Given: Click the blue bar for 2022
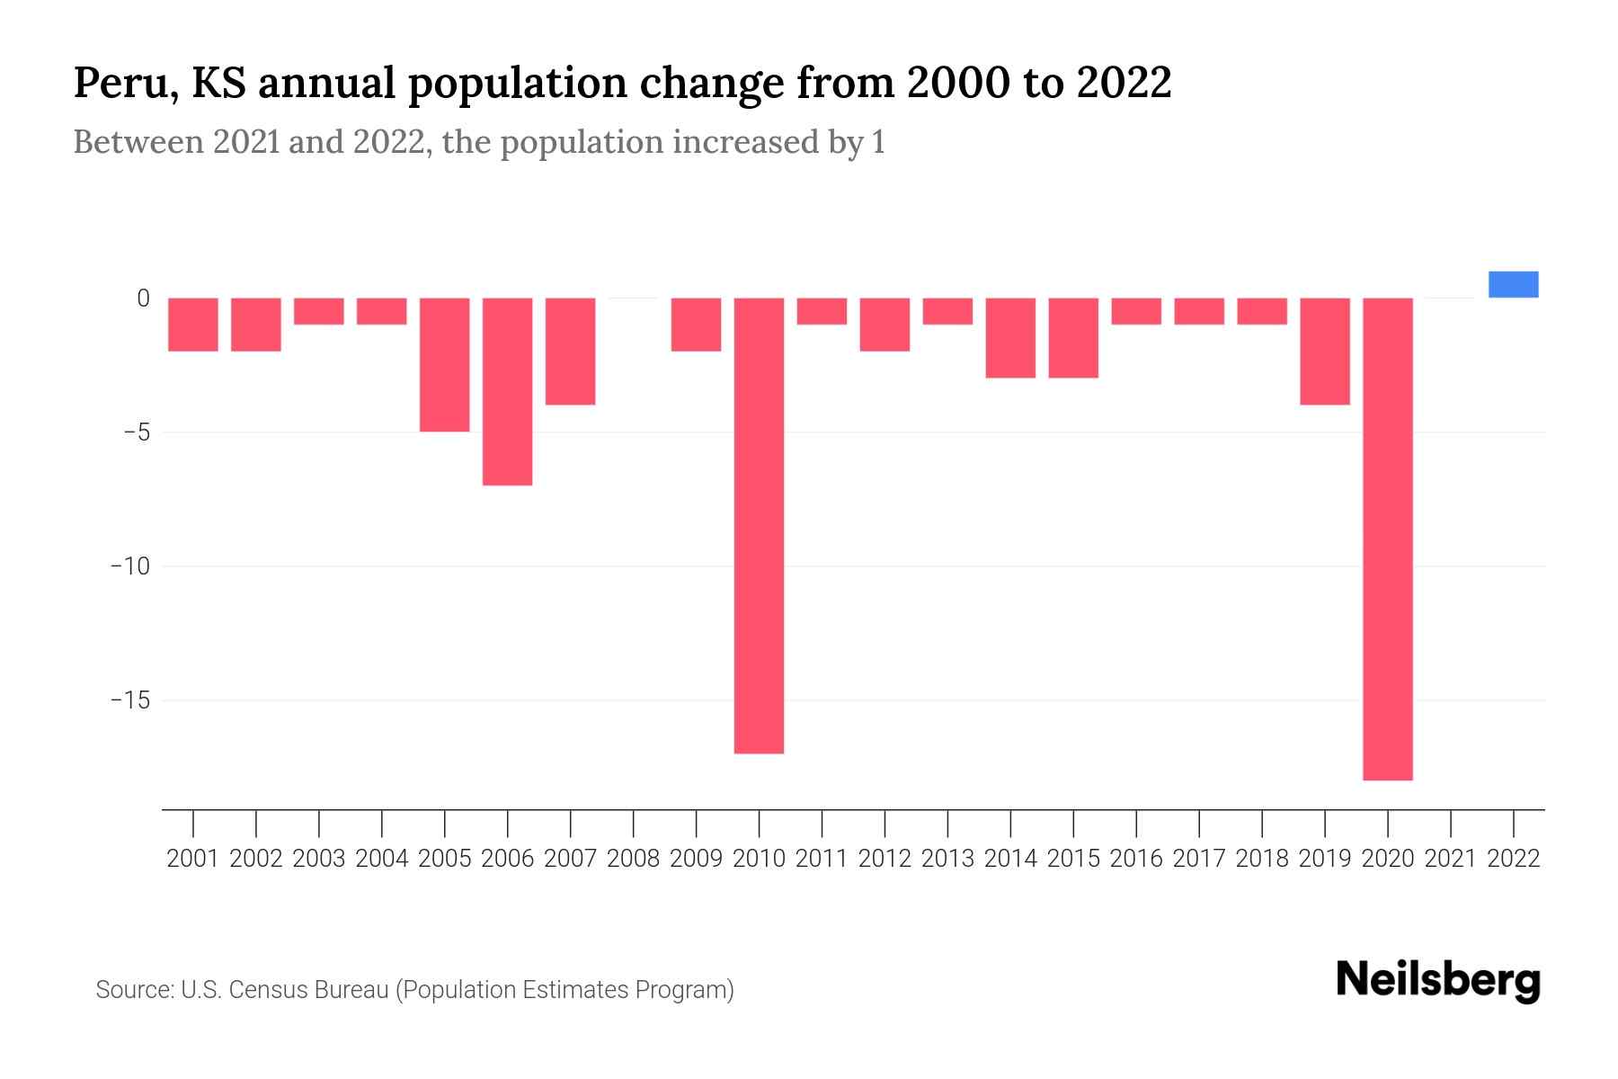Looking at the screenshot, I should click(x=1513, y=284).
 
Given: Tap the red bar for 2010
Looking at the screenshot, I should click(x=759, y=525).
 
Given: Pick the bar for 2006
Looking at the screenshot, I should click(x=507, y=391).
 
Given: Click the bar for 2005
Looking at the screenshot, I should click(x=444, y=364).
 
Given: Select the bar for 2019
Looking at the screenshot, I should click(x=1324, y=351).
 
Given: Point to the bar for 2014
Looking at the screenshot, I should click(x=1010, y=337).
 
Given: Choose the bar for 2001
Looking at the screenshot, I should click(x=193, y=324).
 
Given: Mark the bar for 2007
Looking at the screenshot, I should click(x=570, y=351).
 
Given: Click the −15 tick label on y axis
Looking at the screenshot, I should click(x=129, y=700).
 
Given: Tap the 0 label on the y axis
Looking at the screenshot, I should click(x=143, y=299).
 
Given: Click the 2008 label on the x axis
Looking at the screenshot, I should click(x=633, y=859).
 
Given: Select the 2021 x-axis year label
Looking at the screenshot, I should click(x=1450, y=859).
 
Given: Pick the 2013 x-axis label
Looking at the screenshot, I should click(x=947, y=859).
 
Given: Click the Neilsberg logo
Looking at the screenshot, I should click(x=1438, y=981).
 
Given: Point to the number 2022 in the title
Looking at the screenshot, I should click(x=1124, y=84).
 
